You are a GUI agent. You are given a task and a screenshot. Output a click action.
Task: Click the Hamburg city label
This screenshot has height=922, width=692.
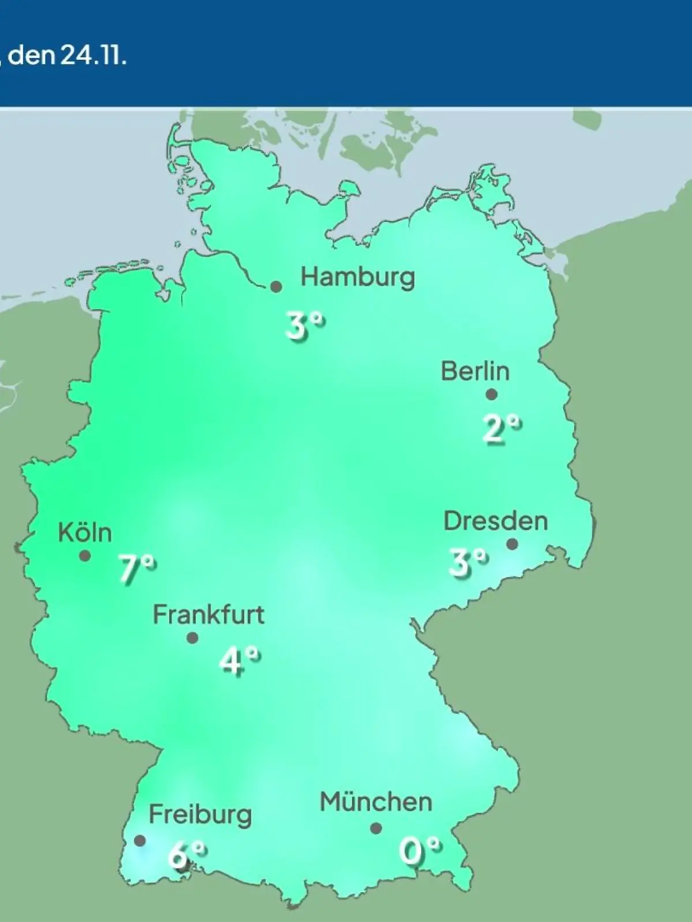[358, 278]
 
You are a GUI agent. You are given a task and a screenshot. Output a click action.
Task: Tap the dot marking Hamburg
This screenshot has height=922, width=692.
[276, 286]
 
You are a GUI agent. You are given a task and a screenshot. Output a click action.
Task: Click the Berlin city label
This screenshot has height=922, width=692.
[475, 371]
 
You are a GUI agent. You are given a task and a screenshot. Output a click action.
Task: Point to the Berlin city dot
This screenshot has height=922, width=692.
[491, 395]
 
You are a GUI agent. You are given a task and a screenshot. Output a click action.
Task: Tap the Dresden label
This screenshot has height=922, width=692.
[495, 522]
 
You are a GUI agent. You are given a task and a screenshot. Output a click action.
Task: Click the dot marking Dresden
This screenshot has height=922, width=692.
[512, 544]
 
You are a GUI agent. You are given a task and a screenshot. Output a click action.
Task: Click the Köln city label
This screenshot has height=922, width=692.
[85, 533]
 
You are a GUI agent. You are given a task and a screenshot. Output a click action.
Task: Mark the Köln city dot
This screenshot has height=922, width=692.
[85, 556]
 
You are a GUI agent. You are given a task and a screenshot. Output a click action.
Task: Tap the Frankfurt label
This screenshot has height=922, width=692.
[208, 615]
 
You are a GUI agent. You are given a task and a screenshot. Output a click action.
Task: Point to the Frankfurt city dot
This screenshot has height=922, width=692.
[193, 638]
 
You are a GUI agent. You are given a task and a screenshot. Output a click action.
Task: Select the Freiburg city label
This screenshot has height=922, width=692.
[200, 815]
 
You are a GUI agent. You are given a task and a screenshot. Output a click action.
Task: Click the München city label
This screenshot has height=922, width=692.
[375, 802]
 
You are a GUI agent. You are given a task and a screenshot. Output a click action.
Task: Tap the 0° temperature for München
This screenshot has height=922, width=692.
[420, 851]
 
